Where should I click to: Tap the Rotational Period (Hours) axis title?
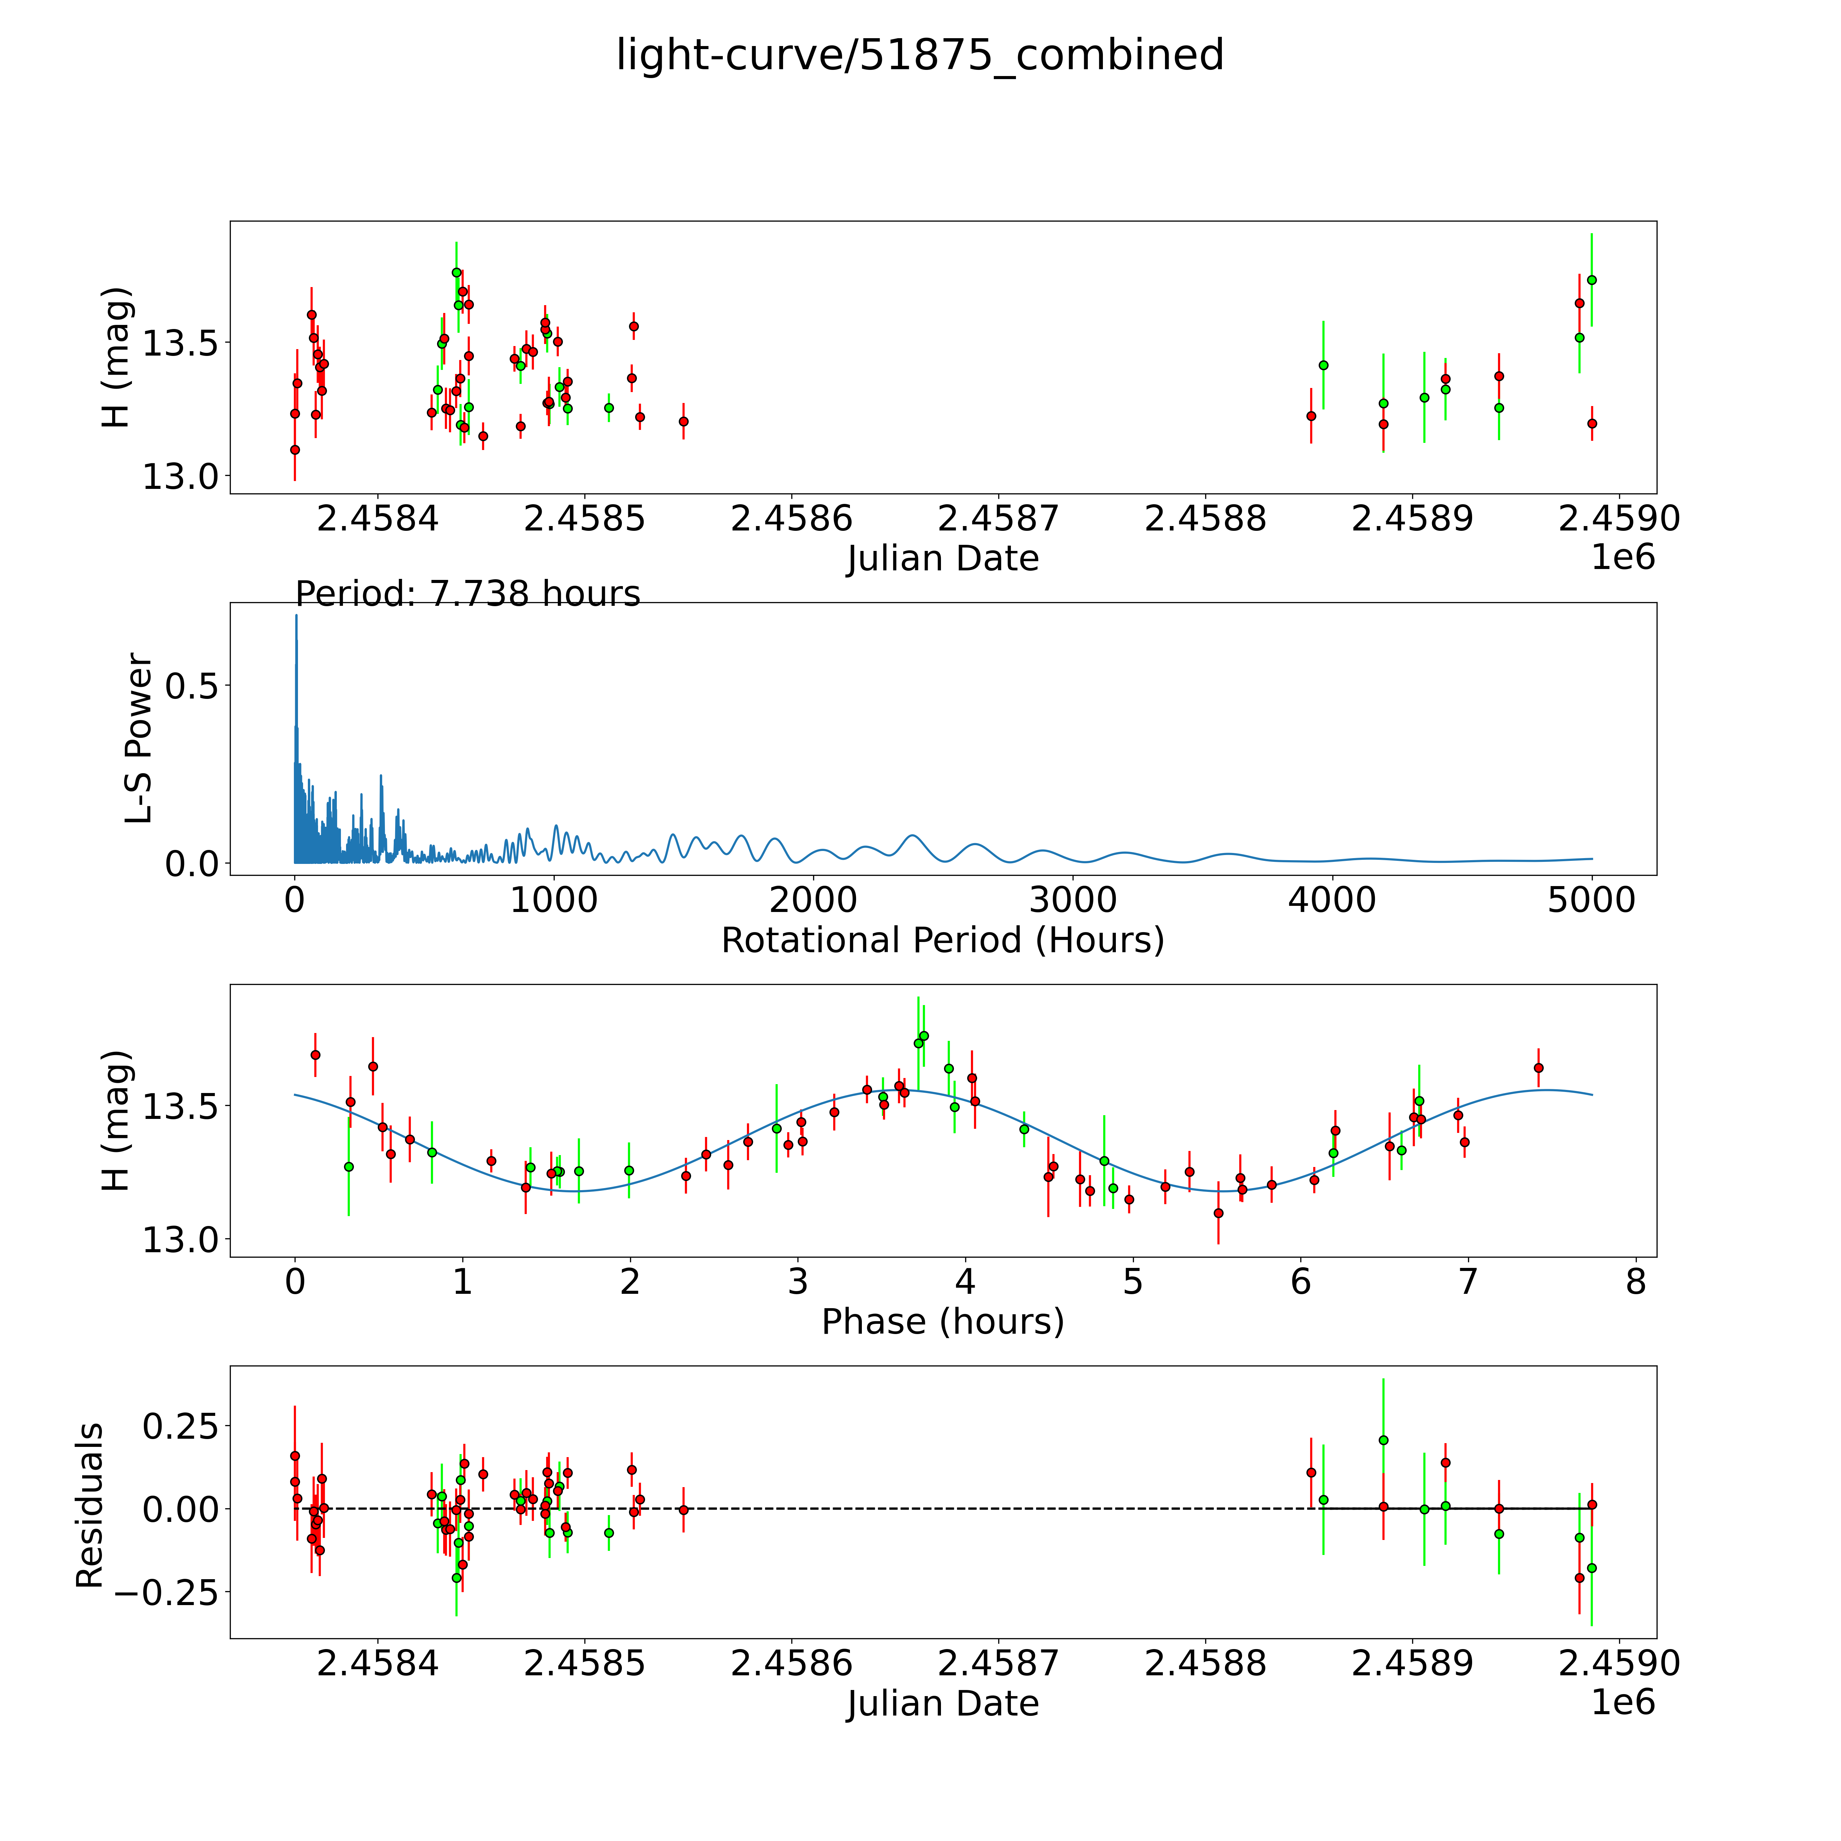(x=942, y=941)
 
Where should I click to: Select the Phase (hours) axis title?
(x=942, y=1322)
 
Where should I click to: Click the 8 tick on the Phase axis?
(x=1635, y=1283)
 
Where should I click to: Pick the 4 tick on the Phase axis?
(x=965, y=1283)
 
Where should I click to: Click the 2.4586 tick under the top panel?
(x=791, y=519)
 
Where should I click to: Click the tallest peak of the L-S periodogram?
(x=295, y=616)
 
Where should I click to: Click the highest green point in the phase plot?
(x=923, y=1036)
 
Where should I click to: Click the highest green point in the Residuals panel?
(x=1383, y=1440)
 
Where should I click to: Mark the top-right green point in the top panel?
(x=1591, y=280)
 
